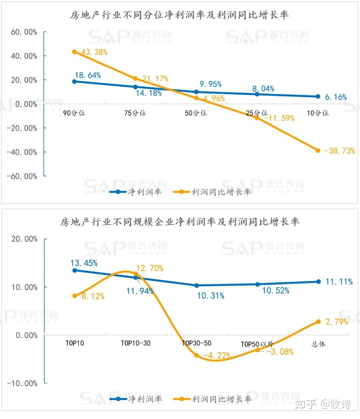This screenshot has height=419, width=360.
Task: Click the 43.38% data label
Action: pos(94,52)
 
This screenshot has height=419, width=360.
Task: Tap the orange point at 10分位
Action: pos(318,150)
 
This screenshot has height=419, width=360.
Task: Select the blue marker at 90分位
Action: pos(74,81)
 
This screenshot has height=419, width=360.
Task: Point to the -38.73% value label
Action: pos(340,151)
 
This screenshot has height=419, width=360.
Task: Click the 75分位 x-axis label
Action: pos(135,113)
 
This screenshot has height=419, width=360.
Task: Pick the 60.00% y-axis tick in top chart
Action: pos(24,32)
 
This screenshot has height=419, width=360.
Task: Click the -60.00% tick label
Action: pos(22,176)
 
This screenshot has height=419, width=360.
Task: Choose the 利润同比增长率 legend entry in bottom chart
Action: pos(212,399)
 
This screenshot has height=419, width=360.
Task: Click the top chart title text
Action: pos(179,15)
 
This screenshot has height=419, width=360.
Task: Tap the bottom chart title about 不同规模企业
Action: pos(180,222)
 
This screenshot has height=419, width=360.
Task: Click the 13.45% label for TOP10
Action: pos(84,263)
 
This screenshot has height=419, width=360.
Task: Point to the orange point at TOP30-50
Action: pos(196,355)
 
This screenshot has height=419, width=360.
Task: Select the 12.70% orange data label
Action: pos(150,268)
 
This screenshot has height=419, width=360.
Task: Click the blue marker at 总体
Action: pos(318,282)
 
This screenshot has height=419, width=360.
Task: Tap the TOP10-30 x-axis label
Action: pos(136,343)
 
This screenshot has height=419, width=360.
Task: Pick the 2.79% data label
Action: pos(337,322)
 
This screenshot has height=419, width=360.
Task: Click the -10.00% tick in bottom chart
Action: pos(22,383)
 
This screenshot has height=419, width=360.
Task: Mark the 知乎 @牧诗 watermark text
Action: pos(323,404)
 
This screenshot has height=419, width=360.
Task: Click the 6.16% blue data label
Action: pos(336,97)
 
